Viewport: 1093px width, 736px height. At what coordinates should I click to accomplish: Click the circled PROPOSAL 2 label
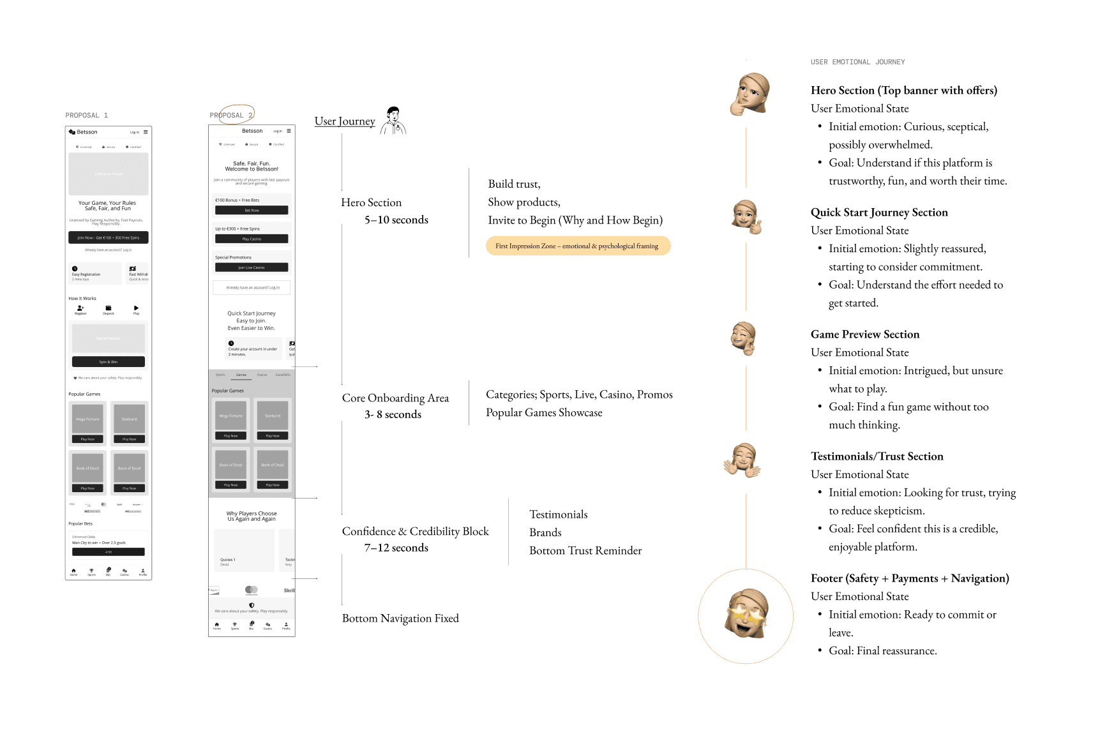click(232, 116)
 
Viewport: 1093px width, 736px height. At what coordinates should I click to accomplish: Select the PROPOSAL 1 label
click(87, 116)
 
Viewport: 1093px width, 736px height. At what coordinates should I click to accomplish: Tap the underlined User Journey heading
click(345, 121)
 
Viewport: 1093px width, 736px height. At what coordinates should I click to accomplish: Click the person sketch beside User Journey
click(393, 121)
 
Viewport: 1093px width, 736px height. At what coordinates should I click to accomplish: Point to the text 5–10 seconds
click(396, 220)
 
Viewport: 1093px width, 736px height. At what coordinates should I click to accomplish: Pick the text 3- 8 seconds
click(393, 415)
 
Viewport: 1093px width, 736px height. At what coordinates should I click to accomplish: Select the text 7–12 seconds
click(396, 548)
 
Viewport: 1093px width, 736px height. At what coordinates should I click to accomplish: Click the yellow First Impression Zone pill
click(578, 246)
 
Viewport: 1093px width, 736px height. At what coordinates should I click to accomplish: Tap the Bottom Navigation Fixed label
click(400, 619)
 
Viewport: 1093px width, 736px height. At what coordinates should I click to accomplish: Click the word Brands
click(545, 532)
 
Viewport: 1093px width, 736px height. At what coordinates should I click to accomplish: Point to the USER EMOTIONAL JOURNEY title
click(857, 62)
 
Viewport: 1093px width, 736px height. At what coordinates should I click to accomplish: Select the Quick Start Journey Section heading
click(879, 213)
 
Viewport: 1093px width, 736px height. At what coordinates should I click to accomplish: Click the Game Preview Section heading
click(865, 334)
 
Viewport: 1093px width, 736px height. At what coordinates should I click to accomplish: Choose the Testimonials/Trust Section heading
click(877, 456)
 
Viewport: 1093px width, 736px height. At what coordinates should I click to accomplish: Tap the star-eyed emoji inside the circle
click(746, 615)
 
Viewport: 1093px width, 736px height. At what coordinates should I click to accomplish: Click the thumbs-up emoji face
click(746, 216)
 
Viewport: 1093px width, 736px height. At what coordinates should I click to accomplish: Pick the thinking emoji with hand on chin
click(750, 94)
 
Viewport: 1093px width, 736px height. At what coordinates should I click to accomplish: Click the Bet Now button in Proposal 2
click(252, 211)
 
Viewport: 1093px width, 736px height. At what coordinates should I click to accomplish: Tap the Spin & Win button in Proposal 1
click(109, 362)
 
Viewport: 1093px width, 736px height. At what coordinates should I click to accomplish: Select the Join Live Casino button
click(252, 268)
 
